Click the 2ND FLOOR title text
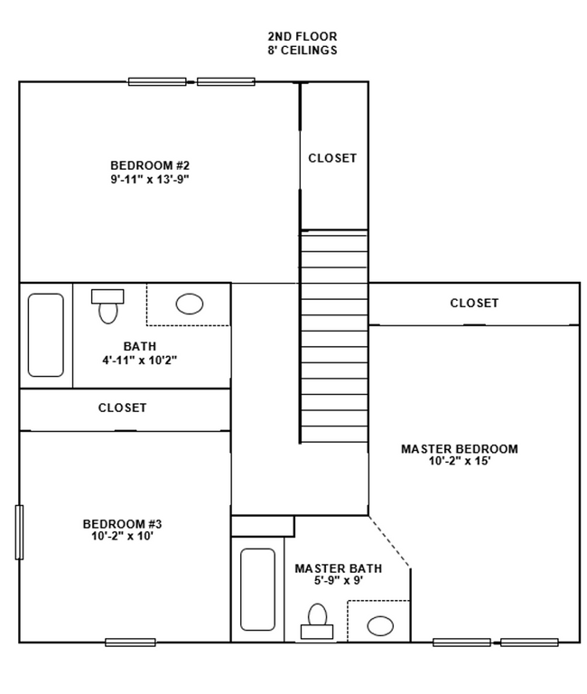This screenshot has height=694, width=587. click(302, 36)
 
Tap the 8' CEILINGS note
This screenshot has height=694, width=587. click(302, 51)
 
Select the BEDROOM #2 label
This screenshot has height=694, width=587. click(149, 165)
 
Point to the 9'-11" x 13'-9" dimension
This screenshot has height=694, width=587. click(149, 179)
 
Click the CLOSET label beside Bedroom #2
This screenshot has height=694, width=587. click(332, 158)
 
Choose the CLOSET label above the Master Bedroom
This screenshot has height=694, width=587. click(474, 304)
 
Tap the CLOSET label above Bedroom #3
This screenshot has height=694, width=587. click(122, 408)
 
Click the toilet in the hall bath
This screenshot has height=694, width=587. click(107, 306)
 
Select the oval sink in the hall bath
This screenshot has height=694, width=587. click(190, 304)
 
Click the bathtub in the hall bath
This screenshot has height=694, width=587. click(46, 334)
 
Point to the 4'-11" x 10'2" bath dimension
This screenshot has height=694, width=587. click(139, 360)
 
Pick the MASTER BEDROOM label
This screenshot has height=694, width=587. click(459, 449)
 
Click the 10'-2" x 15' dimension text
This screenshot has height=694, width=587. click(459, 462)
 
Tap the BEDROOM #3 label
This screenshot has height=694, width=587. click(122, 524)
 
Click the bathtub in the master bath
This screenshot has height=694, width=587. click(257, 589)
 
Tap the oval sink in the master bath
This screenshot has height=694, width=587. click(380, 625)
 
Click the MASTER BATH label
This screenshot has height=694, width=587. click(338, 568)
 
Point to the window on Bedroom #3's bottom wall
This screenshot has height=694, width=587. click(130, 642)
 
